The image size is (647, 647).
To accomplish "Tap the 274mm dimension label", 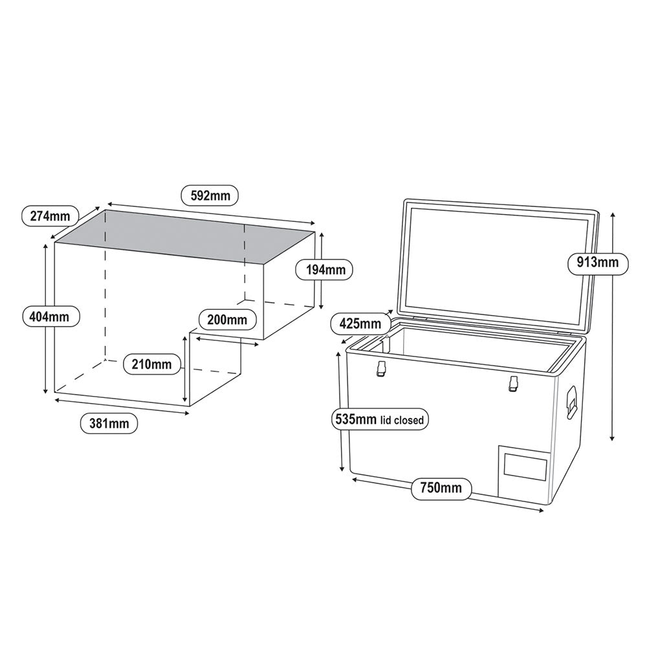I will click(50, 216).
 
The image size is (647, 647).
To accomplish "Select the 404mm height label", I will click(50, 317).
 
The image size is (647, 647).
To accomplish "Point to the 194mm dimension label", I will click(324, 269).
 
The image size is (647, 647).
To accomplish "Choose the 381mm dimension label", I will click(109, 424).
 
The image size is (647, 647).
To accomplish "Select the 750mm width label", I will click(442, 487).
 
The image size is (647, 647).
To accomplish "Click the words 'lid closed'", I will click(402, 421).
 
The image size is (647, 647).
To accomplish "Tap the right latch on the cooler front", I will click(514, 383).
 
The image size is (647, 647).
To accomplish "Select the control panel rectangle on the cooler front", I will click(525, 468).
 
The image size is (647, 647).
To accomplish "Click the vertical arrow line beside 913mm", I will click(612, 323).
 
